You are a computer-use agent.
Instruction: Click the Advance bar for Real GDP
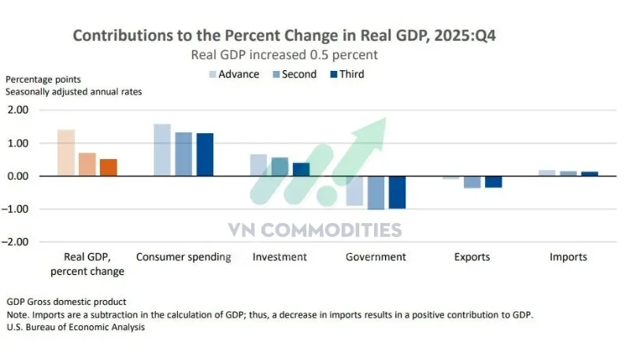tap(66, 153)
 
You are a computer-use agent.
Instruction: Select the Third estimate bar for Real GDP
tap(108, 167)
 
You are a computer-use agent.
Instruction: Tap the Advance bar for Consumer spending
tap(162, 150)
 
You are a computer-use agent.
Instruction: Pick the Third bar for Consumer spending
tap(205, 154)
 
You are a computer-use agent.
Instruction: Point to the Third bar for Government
tap(397, 192)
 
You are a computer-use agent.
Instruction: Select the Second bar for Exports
tap(472, 182)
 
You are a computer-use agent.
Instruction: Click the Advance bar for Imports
tap(547, 173)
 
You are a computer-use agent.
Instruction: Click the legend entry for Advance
tap(233, 74)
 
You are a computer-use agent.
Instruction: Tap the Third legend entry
tap(346, 74)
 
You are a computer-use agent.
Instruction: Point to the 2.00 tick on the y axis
tap(18, 110)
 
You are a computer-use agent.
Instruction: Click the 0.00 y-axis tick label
tap(18, 176)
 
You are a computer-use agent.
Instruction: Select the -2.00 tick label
tap(17, 242)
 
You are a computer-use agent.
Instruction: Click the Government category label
tap(376, 257)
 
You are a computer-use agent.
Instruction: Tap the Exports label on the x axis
tap(472, 257)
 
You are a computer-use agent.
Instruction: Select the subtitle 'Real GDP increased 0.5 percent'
tap(284, 54)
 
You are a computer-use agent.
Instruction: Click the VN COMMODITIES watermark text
tap(314, 230)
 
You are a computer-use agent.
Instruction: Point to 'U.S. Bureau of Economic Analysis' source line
tap(76, 327)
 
